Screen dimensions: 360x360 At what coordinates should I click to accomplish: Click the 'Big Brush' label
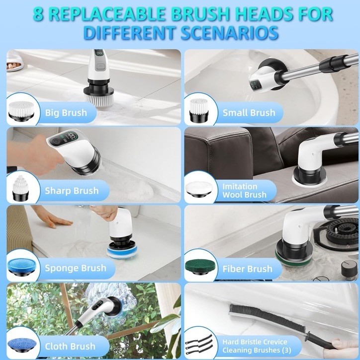[66, 113]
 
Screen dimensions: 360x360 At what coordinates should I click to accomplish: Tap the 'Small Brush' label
[249, 113]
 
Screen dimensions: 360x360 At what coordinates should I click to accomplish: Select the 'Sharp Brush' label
[72, 191]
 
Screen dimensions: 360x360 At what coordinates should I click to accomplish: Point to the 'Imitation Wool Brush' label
[244, 191]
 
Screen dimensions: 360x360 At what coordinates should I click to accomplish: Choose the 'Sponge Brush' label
[76, 268]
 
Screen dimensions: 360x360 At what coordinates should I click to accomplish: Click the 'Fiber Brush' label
[247, 269]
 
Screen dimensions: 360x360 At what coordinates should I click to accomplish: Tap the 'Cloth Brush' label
[70, 346]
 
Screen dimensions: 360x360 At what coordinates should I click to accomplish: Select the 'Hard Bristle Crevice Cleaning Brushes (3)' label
[257, 346]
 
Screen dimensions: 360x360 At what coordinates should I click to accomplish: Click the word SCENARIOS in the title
[229, 33]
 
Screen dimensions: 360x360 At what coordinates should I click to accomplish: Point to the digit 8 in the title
[39, 14]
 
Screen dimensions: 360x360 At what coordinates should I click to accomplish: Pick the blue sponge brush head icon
[22, 266]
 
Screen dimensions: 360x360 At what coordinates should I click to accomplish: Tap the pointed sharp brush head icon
[21, 188]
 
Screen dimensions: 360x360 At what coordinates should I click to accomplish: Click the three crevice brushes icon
[199, 345]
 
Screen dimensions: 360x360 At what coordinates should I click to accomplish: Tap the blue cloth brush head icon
[22, 345]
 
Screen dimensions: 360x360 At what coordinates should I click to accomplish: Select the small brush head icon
[199, 110]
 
